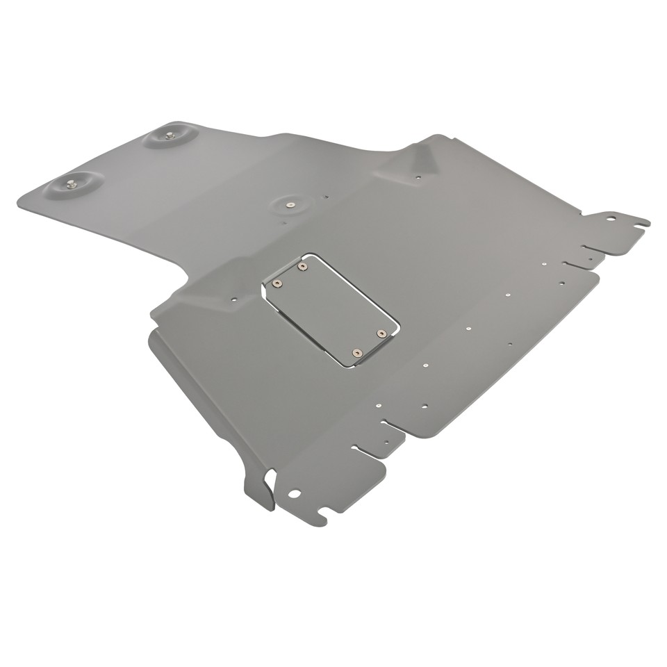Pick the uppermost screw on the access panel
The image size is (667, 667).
pyautogui.click(x=302, y=265)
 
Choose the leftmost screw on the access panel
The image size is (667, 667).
pyautogui.click(x=277, y=283)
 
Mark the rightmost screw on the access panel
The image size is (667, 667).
pyautogui.click(x=381, y=334)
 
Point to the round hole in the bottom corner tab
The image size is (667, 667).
pyautogui.click(x=295, y=494)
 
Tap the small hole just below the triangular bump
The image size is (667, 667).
pyautogui.click(x=418, y=178)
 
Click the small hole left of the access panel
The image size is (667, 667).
pyautogui.click(x=233, y=299)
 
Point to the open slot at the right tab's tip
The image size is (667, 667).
pyautogui.click(x=639, y=224)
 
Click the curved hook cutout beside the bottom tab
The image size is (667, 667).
pyautogui.click(x=270, y=480)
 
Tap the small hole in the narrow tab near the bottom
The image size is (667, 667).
pyautogui.click(x=386, y=441)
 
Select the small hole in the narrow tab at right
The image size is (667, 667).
pyautogui.click(x=590, y=258)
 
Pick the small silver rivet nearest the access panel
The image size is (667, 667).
pyautogui.click(x=425, y=363)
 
